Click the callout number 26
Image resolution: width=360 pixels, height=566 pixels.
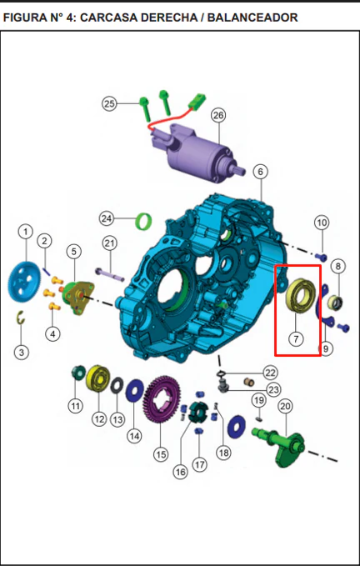tap(218, 116)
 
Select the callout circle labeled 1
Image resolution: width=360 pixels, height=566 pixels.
tap(25, 232)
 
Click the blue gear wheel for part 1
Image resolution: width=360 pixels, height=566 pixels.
tap(24, 282)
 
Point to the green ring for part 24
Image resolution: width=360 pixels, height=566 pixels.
tap(143, 221)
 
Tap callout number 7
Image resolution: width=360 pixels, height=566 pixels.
tap(296, 339)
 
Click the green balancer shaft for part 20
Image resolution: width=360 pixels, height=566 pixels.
tap(282, 445)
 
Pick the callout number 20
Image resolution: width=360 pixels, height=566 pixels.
tap(285, 407)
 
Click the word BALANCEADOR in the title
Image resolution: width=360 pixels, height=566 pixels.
tap(252, 18)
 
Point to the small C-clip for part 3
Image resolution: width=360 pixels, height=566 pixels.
tap(21, 318)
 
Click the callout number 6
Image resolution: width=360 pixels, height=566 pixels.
tap(261, 172)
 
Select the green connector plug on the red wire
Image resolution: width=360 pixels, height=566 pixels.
tap(197, 100)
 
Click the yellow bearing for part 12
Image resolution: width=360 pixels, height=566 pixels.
tap(98, 378)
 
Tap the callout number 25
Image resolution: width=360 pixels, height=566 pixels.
tap(109, 104)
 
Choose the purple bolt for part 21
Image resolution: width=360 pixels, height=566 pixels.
tap(110, 274)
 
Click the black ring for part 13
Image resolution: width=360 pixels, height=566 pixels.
tap(117, 385)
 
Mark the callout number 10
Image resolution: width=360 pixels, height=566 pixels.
tap(322, 223)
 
